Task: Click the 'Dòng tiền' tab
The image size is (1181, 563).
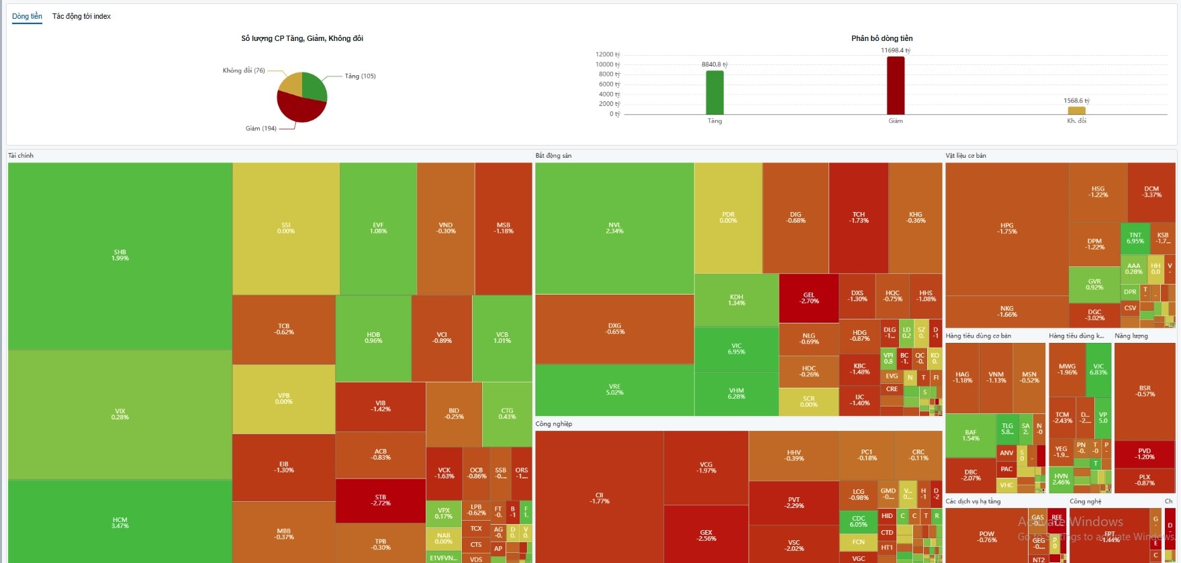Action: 27,16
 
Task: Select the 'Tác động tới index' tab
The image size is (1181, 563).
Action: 81,16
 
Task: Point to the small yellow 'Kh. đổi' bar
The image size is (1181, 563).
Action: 1076,111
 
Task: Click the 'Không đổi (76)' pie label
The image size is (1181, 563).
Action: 244,70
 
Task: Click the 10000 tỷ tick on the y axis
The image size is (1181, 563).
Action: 607,64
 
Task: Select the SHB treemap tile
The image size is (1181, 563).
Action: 120,255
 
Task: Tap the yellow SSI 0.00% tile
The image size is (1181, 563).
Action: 286,228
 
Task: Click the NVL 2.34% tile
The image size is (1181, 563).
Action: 614,228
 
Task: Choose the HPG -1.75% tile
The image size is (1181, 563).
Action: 1006,228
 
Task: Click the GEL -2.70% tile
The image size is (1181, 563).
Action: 808,298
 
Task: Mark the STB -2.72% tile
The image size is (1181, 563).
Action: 380,500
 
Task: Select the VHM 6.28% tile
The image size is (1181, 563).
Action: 736,393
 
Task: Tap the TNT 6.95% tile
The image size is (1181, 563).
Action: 1135,238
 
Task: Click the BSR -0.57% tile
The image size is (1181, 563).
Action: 1145,391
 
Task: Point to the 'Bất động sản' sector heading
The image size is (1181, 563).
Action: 553,156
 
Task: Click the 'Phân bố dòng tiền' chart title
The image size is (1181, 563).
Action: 882,38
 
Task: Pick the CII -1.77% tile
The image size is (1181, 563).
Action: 599,498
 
